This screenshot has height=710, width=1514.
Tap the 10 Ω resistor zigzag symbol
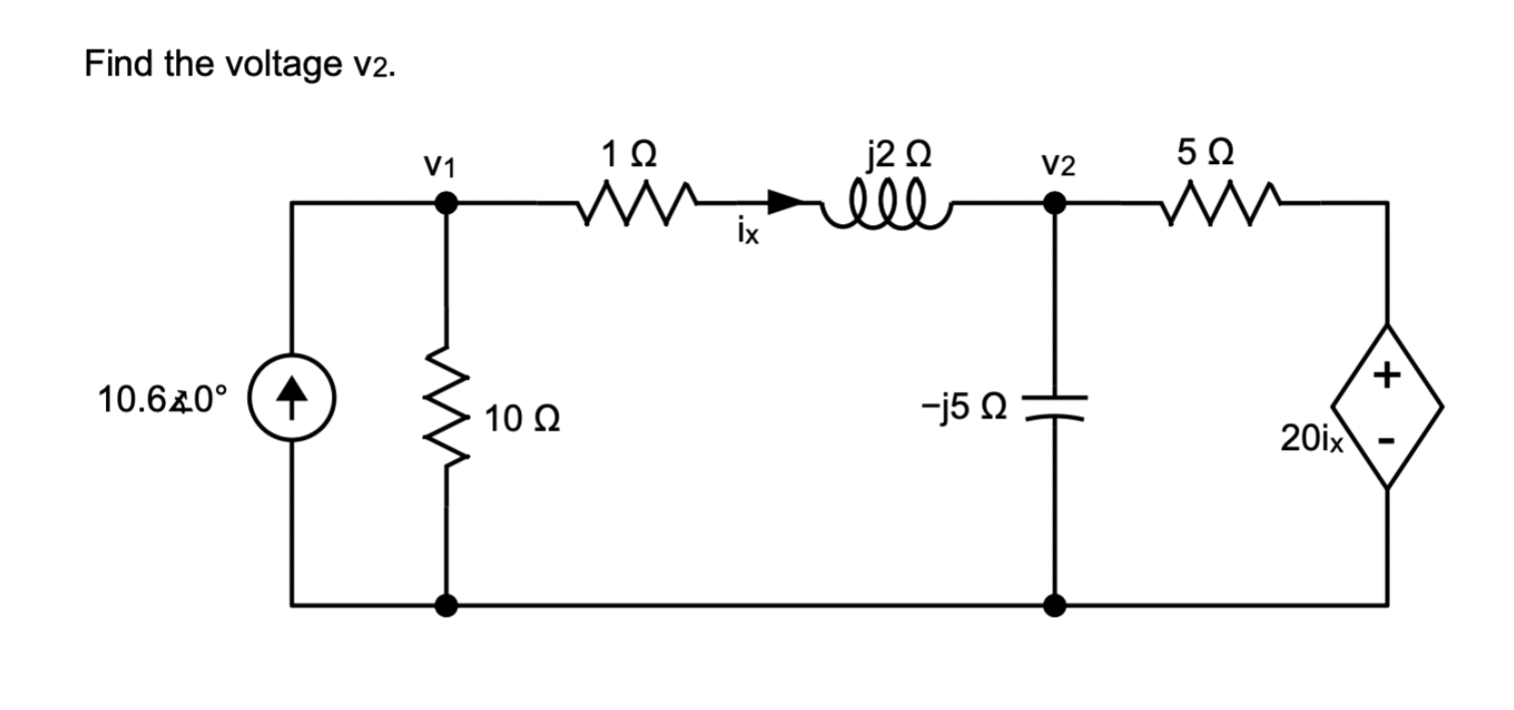[x=447, y=405]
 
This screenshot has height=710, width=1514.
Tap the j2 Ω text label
[x=899, y=152]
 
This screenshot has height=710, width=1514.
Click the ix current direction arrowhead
[x=785, y=201]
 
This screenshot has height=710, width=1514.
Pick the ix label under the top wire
[x=748, y=230]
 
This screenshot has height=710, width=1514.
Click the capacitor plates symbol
[x=1056, y=404]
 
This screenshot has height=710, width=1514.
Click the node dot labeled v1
[x=446, y=202]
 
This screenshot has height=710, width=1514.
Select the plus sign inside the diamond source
[x=1386, y=374]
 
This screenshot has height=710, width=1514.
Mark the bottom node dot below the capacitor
[x=1056, y=606]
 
